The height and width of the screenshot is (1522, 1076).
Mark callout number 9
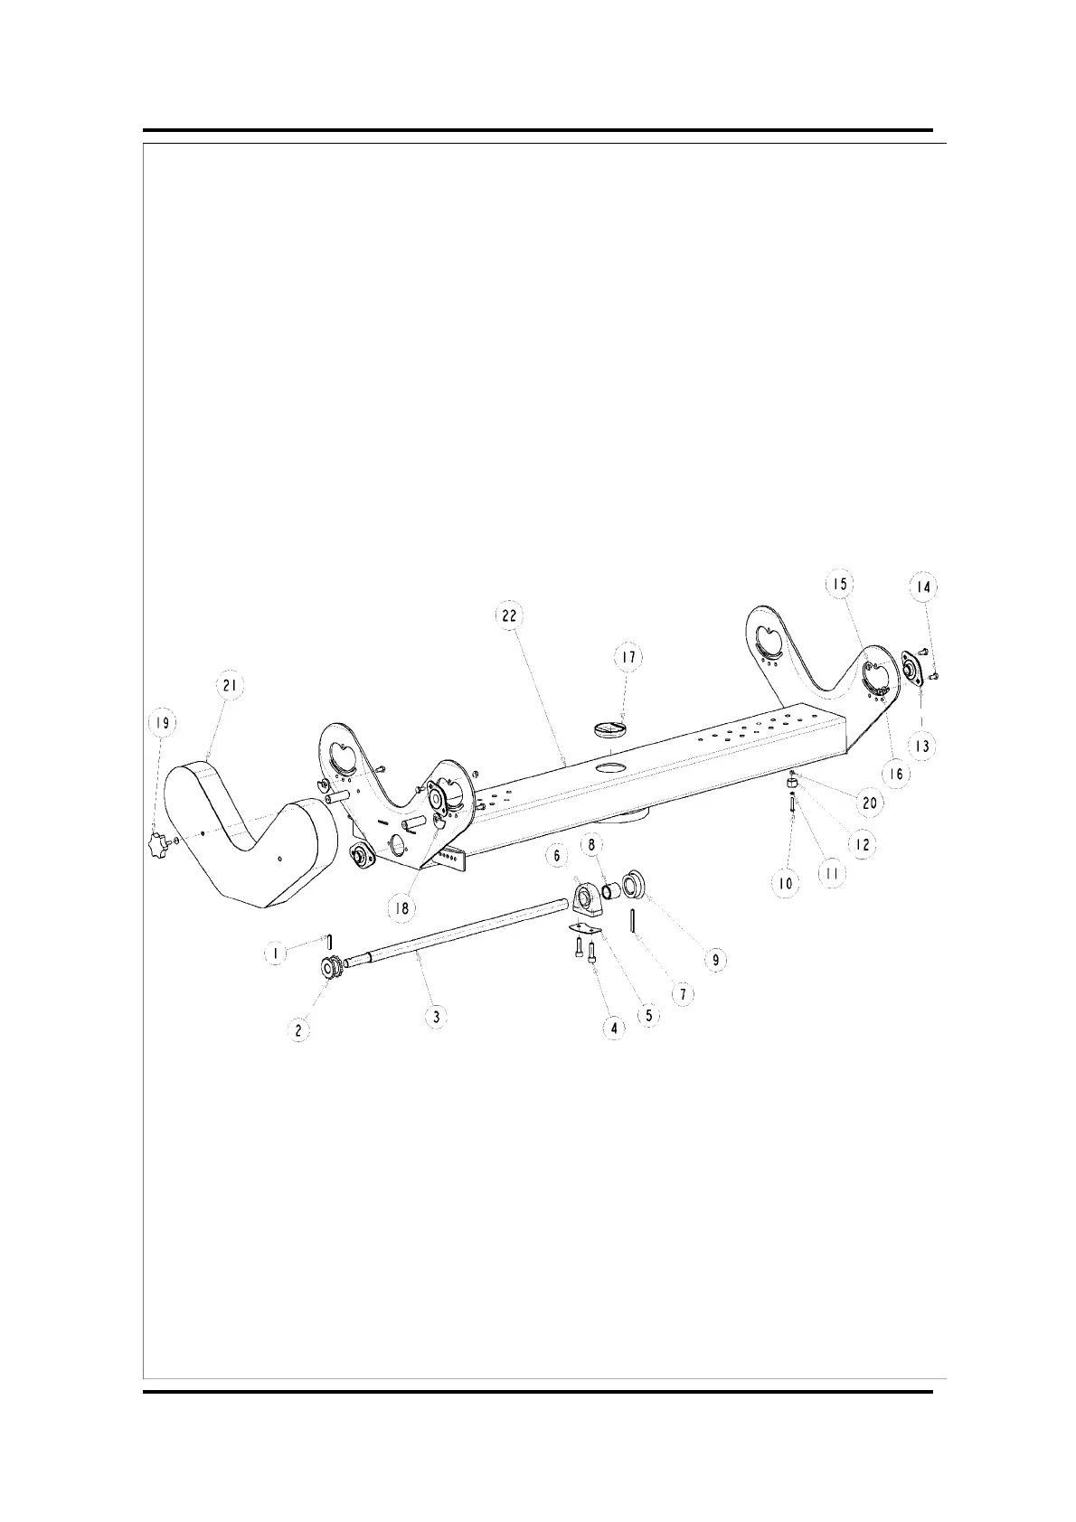pyautogui.click(x=715, y=959)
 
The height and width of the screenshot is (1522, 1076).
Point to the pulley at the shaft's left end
pyautogui.click(x=330, y=968)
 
